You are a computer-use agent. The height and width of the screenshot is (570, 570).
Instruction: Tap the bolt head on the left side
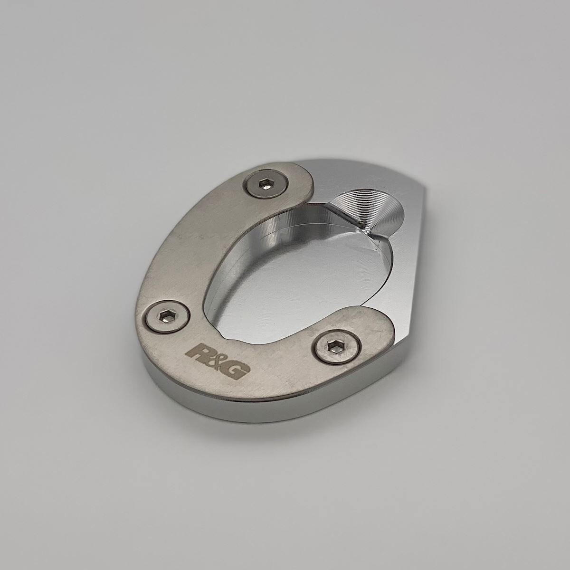(x=167, y=315)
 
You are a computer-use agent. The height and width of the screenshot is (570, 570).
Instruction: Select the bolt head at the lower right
(x=338, y=347)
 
